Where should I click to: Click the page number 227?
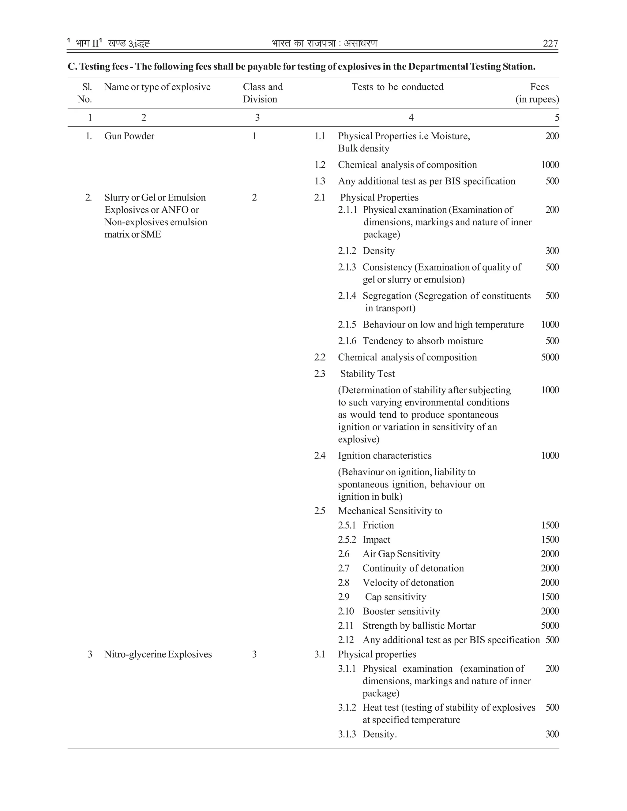point(550,44)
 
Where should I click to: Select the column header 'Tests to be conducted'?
point(397,87)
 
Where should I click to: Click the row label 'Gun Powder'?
point(129,136)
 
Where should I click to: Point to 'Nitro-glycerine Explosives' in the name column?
point(158,654)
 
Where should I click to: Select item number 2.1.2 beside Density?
point(347,251)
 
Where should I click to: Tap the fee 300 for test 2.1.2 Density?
point(552,251)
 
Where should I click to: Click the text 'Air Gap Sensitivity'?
point(401,554)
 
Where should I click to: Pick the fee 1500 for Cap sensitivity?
point(550,597)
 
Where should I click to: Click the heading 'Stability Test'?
point(367,374)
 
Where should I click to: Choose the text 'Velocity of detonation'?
point(408,582)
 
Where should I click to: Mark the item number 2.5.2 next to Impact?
point(347,540)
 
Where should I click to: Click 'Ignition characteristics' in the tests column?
point(385,456)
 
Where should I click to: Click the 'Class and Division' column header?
point(263,93)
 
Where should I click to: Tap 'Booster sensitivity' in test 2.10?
point(401,611)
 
